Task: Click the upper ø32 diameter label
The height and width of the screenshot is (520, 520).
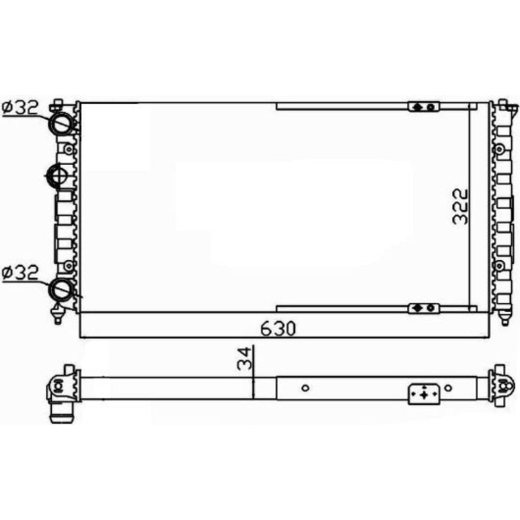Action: point(20,108)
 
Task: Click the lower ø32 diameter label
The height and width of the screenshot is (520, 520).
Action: point(20,273)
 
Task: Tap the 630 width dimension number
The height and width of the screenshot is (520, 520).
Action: point(278,329)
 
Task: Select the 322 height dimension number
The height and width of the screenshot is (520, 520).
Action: point(460,206)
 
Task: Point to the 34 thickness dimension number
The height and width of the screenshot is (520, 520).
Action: point(245,358)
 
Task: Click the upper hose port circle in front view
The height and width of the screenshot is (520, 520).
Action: point(61,124)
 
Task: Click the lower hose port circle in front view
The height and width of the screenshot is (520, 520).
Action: point(61,290)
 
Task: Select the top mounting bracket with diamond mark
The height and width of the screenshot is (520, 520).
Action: point(424,107)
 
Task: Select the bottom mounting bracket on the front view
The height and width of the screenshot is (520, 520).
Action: point(424,308)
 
